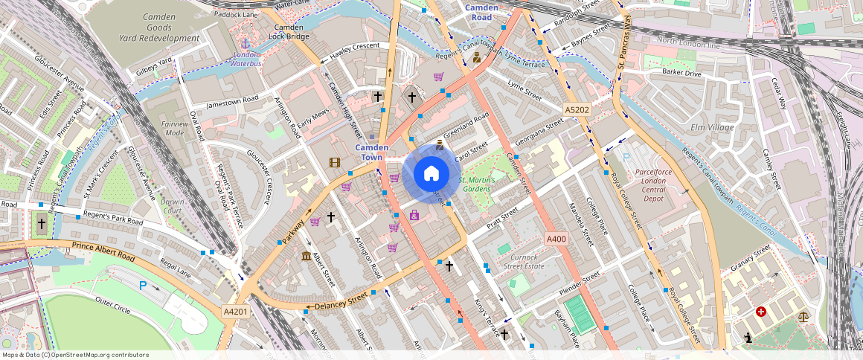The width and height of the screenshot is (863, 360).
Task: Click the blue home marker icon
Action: point(431,174)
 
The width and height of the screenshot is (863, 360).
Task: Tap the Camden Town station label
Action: point(372,152)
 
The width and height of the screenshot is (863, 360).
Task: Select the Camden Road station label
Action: point(482,12)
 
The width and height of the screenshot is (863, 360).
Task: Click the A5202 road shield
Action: point(577,110)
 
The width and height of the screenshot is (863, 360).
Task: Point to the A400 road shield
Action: point(556,239)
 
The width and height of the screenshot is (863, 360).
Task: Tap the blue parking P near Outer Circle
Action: point(142,285)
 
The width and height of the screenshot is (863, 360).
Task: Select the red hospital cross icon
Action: point(760,312)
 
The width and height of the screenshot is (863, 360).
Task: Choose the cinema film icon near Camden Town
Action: point(335,162)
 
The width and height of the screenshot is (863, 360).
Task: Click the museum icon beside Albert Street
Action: point(307,257)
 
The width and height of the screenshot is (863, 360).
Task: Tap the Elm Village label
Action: point(712,127)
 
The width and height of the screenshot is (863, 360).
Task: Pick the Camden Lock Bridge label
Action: point(288,31)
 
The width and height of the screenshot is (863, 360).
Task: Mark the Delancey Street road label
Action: point(341,302)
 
